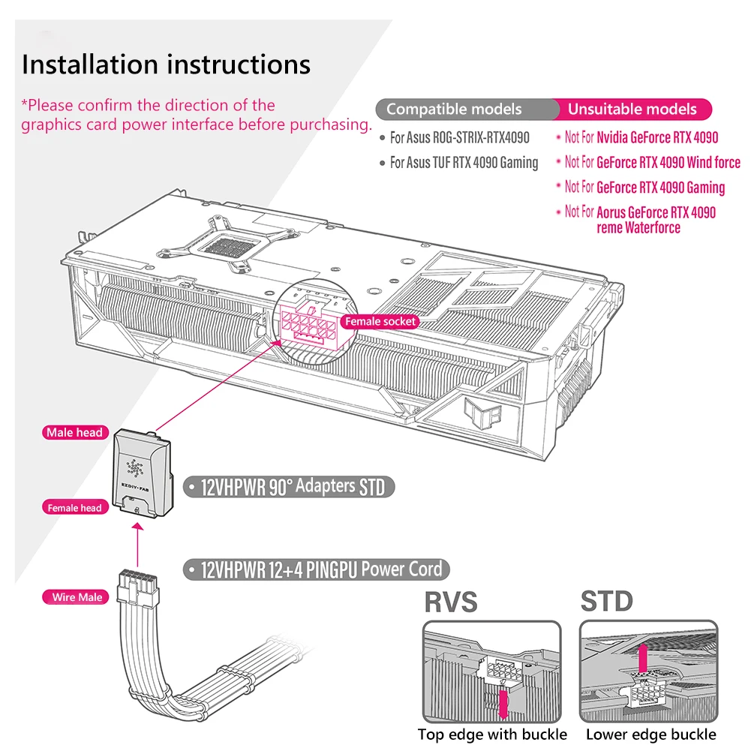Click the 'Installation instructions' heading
(x=167, y=65)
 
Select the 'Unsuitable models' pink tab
(x=632, y=110)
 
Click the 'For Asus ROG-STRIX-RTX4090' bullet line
(x=455, y=138)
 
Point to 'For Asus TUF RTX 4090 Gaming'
(x=459, y=163)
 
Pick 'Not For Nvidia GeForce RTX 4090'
(x=638, y=138)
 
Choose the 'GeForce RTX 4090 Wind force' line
(x=648, y=163)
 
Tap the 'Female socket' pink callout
(x=380, y=321)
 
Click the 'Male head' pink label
(x=75, y=432)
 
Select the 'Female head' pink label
(x=75, y=508)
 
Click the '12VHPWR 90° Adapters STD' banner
(x=289, y=487)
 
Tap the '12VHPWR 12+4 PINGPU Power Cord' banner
(x=317, y=570)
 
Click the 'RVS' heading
(x=451, y=602)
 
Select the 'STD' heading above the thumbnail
(x=607, y=602)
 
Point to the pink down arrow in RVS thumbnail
(x=503, y=704)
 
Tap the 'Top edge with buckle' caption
(x=492, y=734)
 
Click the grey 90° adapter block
(x=142, y=473)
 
